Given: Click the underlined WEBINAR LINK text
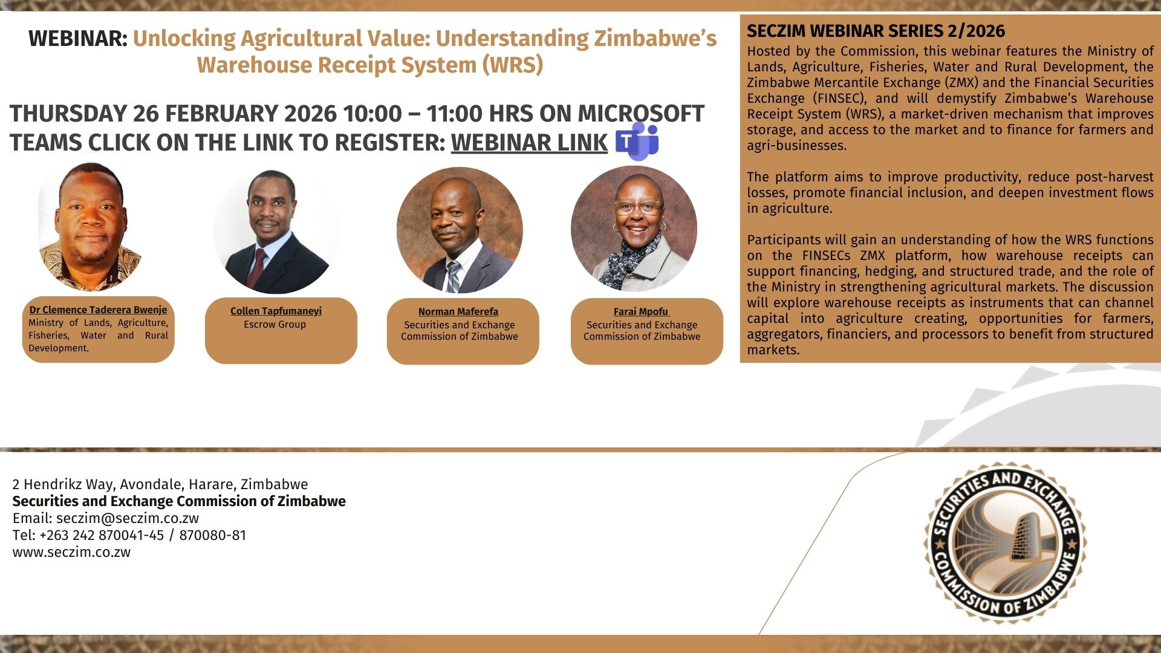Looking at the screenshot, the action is pos(529,143).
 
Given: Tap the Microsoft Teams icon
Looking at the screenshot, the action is pos(637,141).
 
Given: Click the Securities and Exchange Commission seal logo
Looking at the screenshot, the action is pos(1005,543).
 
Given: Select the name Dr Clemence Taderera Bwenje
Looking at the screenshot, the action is pos(98,310).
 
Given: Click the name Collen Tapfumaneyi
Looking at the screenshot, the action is pos(276,311).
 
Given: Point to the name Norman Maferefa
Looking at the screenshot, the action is pos(458,311).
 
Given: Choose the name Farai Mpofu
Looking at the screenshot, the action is pos(641,311).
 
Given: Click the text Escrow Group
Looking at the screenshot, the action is pos(275,324).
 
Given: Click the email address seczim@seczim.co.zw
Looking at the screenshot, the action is pos(128,518).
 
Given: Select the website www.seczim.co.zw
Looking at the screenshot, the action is pos(71,552).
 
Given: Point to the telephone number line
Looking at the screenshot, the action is pos(129,535).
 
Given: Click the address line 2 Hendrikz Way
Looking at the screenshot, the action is pos(160,484).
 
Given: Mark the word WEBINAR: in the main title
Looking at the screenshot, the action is pos(78,39).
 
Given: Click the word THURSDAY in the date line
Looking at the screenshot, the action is pos(68,114).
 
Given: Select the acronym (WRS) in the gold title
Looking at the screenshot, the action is pos(513,65).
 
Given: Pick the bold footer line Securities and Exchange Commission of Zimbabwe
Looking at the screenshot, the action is pos(179,501).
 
